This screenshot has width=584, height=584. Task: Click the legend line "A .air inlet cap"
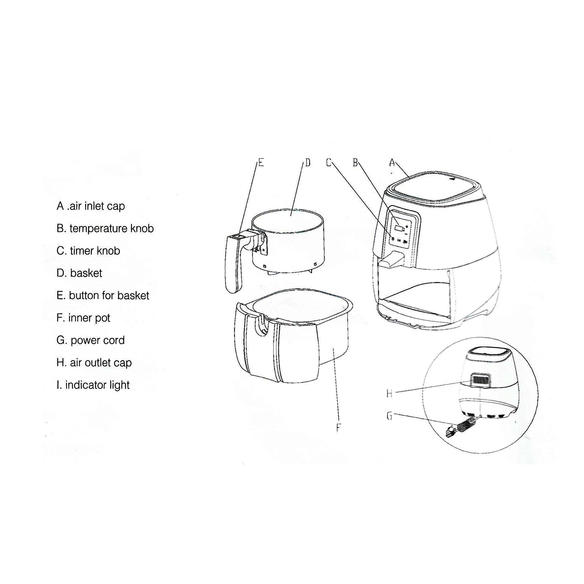click(x=91, y=206)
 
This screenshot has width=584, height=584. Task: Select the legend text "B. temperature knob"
click(x=105, y=228)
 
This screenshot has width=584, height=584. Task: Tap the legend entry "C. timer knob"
click(x=88, y=251)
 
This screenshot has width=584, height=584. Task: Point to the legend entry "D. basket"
click(x=79, y=273)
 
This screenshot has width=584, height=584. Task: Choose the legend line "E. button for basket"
click(x=103, y=296)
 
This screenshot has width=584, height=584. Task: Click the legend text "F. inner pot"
click(x=83, y=318)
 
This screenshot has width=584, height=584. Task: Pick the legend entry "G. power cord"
click(x=91, y=340)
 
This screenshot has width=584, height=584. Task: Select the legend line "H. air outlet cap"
click(x=94, y=362)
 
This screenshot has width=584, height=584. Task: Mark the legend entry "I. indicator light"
click(x=93, y=385)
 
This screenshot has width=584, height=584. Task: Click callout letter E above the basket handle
click(x=261, y=163)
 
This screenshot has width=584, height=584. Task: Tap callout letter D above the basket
click(x=308, y=163)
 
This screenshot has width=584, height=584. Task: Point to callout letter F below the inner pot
click(x=338, y=427)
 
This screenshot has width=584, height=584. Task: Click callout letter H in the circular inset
click(x=389, y=394)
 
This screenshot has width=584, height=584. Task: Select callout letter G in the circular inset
click(x=389, y=416)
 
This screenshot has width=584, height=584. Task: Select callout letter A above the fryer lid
click(x=392, y=163)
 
